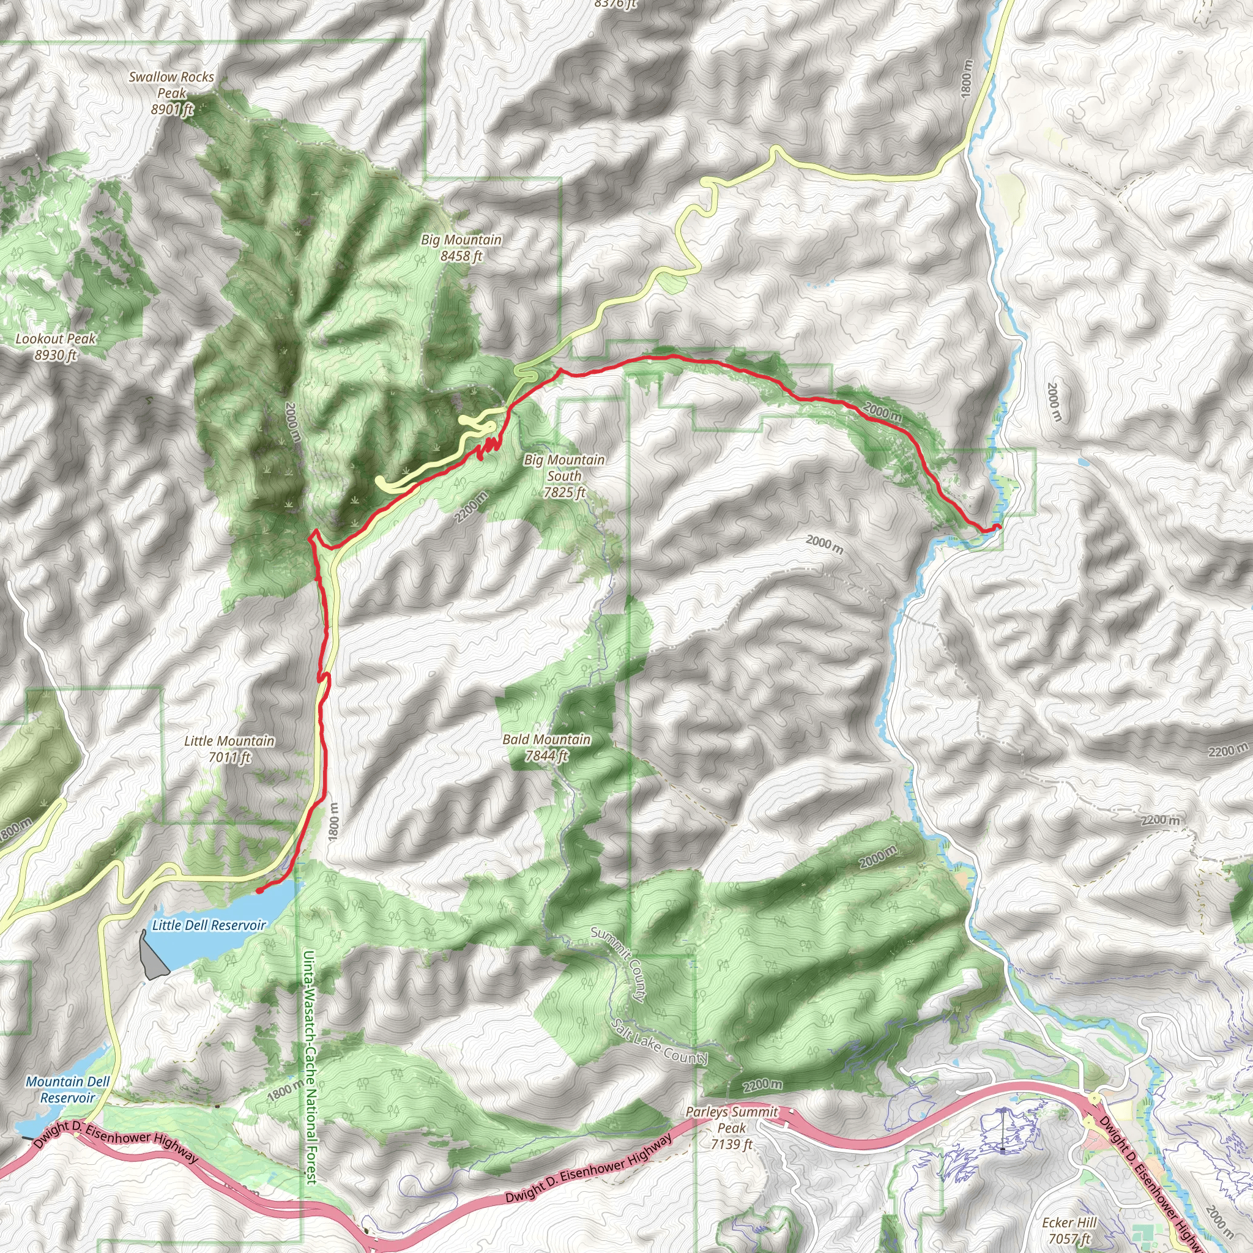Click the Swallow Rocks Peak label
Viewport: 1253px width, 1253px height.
coord(171,94)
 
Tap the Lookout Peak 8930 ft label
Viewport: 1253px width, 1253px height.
coord(56,346)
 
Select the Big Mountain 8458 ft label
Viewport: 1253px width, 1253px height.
coord(461,248)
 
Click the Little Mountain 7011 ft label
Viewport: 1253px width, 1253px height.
coord(229,749)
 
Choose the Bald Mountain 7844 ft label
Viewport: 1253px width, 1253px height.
coord(547,747)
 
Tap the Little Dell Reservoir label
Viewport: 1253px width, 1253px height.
coord(209,926)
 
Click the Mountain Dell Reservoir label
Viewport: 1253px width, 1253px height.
coord(67,1090)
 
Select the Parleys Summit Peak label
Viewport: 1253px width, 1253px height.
coord(732,1128)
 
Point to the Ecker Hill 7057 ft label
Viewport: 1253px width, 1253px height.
coord(1069,1231)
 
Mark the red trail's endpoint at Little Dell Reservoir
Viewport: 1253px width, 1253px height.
coord(259,890)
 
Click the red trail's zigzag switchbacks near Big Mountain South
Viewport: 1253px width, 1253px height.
coord(489,447)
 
